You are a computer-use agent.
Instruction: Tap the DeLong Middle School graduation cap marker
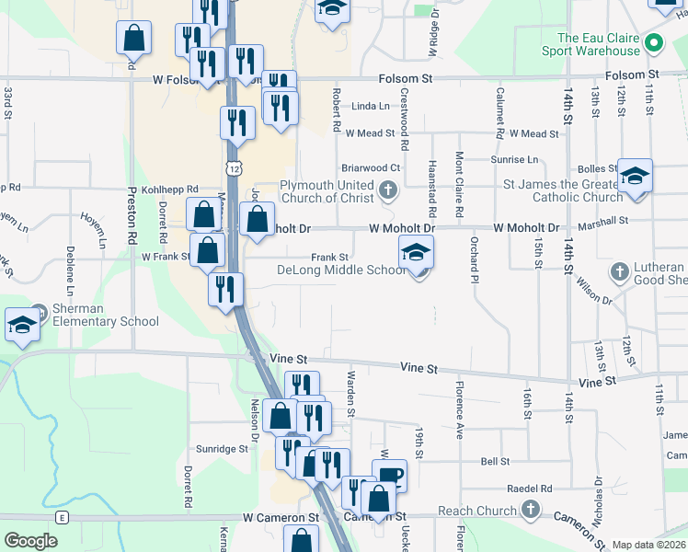coord(416,252)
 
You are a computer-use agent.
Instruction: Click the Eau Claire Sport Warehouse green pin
coord(654,43)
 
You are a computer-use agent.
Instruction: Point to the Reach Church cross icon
coord(530,510)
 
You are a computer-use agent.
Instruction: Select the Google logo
coord(31,541)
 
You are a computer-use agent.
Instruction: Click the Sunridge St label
coord(223,449)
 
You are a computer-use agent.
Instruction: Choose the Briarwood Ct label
coord(371,168)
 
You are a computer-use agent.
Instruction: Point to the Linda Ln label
coord(371,107)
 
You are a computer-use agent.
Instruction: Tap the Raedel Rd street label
coord(529,489)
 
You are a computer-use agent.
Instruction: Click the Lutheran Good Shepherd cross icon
coord(619,272)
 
